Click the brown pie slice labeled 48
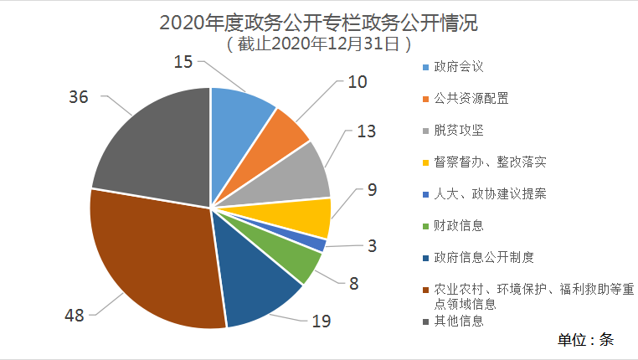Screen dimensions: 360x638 [x=147, y=260]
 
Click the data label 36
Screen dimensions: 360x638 [x=79, y=97]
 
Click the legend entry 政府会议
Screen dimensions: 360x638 [x=459, y=66]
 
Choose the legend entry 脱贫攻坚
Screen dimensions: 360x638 [x=459, y=130]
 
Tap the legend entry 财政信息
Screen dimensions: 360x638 [x=459, y=225]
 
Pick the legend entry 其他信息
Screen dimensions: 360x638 [x=459, y=320]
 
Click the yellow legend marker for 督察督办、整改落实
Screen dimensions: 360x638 [x=426, y=162]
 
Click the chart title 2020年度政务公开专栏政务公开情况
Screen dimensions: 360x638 [x=319, y=20]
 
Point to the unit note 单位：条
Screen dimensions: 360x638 [x=586, y=340]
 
